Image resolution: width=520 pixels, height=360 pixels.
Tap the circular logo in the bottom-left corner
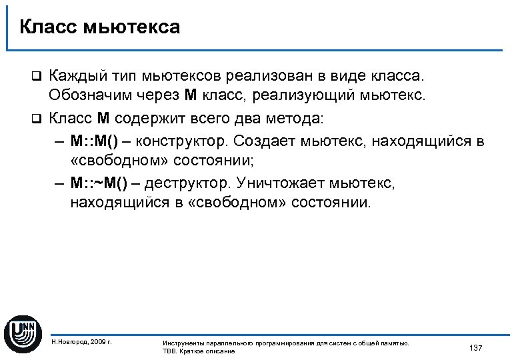pyautogui.click(x=23, y=331)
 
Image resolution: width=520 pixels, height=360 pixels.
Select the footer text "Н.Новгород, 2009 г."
pyautogui.click(x=81, y=341)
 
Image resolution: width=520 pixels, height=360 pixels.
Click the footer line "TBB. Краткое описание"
pyautogui.click(x=199, y=351)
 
